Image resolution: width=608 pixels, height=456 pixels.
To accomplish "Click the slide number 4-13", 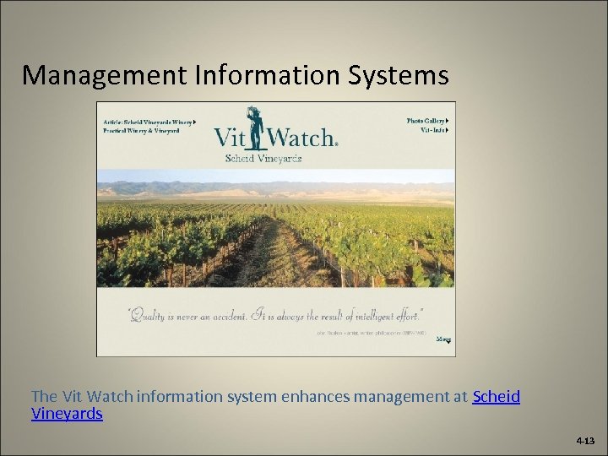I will [585, 441].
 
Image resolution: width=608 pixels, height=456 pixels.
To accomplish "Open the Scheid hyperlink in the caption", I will [497, 396].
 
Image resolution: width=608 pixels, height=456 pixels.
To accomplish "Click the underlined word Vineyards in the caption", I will [67, 413].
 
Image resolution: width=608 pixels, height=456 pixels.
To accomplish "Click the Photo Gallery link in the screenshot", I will [426, 121].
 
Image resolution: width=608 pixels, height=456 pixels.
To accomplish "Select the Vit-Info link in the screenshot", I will [433, 131].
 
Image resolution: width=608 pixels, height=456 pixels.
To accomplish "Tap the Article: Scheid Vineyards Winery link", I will [149, 122].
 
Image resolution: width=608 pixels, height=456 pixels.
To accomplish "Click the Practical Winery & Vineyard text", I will [141, 131].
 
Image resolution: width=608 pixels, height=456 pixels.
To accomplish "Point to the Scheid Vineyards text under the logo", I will [263, 158].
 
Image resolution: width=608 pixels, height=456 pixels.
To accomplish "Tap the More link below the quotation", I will [443, 339].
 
